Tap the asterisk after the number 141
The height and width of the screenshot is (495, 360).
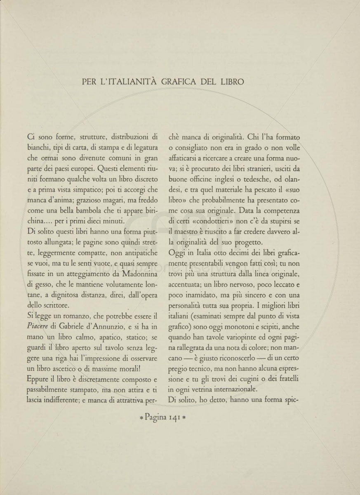coord(184,418)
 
